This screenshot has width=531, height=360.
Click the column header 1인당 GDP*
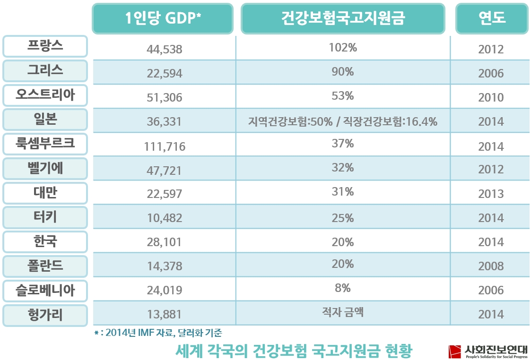tap(163, 18)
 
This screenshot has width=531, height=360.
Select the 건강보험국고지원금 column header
tap(343, 18)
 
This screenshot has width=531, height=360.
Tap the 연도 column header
tap(491, 18)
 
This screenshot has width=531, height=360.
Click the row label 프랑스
tap(45, 46)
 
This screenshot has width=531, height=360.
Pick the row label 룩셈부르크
tap(45, 143)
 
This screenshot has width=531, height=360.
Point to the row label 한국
tap(45, 241)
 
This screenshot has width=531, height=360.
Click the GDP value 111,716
tap(165, 146)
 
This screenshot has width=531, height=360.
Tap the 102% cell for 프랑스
tap(343, 48)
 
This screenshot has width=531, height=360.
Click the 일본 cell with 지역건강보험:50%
tap(343, 121)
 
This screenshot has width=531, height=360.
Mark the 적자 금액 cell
tap(343, 312)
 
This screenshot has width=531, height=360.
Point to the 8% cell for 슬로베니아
tap(343, 288)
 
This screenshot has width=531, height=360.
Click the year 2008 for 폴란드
tap(491, 266)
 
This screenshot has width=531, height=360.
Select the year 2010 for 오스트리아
tap(491, 98)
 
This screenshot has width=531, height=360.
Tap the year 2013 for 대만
tap(491, 194)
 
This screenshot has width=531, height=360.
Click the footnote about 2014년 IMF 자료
tap(158, 333)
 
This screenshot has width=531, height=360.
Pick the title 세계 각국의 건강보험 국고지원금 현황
tap(294, 351)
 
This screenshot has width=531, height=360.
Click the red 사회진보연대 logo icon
tap(455, 351)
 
